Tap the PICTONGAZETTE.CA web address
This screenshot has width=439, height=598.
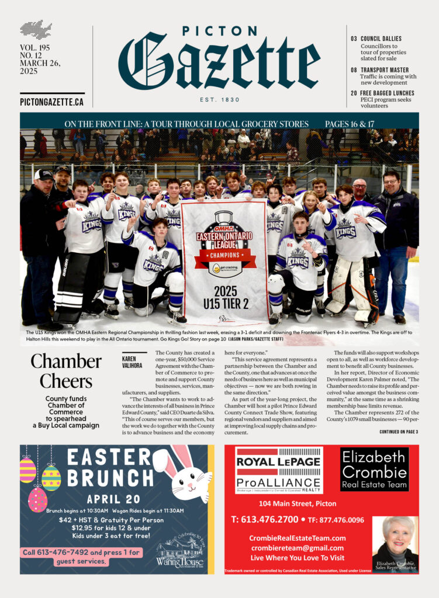(x=51, y=102)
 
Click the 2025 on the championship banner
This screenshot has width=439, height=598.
(x=225, y=291)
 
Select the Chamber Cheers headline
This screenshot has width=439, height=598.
(x=62, y=371)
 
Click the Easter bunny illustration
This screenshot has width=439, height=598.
(x=184, y=473)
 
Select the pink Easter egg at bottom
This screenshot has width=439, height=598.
(x=37, y=499)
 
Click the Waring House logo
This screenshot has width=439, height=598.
(x=179, y=552)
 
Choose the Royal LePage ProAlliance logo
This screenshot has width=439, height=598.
(x=278, y=471)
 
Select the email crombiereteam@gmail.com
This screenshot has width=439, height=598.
(x=297, y=548)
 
